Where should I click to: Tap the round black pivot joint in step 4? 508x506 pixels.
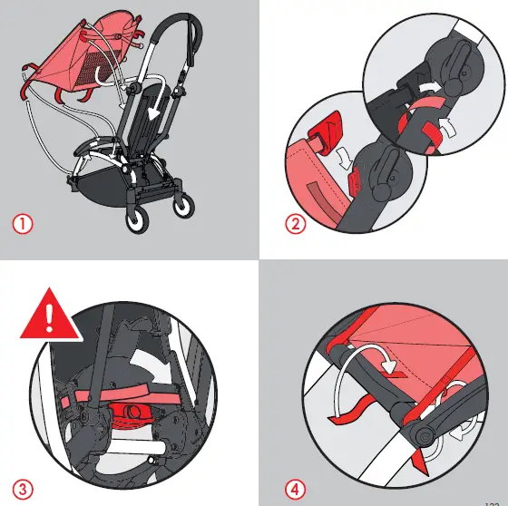pos(424,435)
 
